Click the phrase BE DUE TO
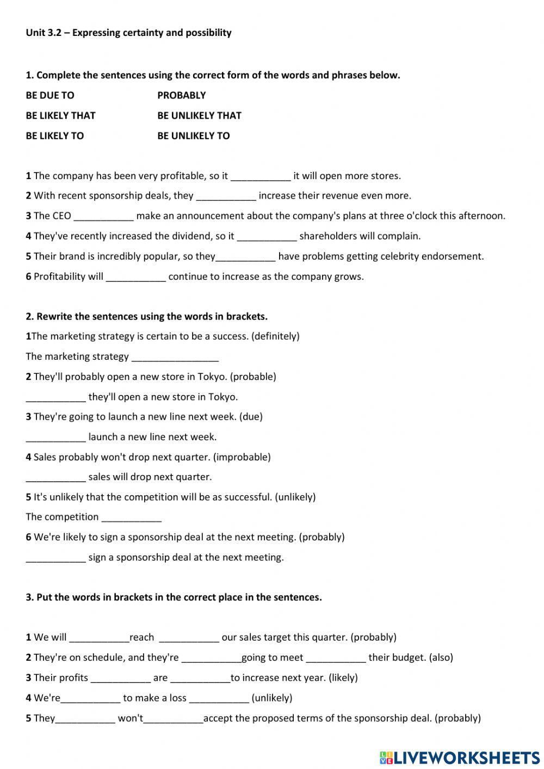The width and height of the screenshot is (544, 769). tap(50, 95)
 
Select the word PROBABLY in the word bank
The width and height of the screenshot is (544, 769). tap(182, 95)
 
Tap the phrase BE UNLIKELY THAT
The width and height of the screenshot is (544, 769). tap(199, 115)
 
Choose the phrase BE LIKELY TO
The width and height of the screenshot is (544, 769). tap(55, 136)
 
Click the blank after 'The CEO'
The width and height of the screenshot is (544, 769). tap(103, 217)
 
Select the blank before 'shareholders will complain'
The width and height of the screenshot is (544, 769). tap(267, 237)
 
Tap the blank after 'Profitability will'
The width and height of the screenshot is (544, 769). tap(135, 277)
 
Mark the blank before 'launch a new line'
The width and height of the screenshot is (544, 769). tap(55, 438)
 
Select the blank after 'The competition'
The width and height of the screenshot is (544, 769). tap(131, 518)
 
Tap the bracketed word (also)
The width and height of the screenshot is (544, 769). tap(441, 657)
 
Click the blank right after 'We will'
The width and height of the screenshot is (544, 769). tap(99, 638)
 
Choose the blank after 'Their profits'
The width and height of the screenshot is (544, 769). tap(120, 678)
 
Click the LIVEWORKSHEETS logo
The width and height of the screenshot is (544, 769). tap(459, 757)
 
